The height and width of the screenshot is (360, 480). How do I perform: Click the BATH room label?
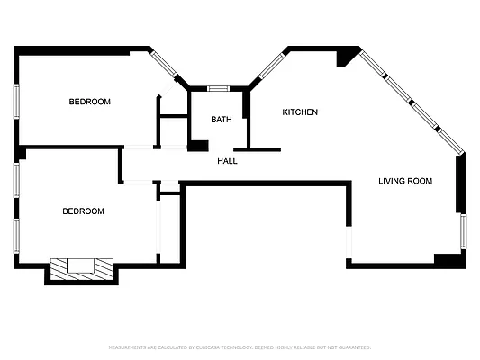pyautogui.click(x=222, y=120)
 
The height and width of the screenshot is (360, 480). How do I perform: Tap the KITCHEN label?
pyautogui.click(x=300, y=112)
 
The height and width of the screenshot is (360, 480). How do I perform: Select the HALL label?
pyautogui.click(x=228, y=161)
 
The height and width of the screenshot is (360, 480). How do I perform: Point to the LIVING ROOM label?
pyautogui.click(x=404, y=181)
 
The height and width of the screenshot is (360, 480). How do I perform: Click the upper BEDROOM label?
pyautogui.click(x=90, y=102)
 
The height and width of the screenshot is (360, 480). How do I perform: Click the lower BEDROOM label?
pyautogui.click(x=83, y=211)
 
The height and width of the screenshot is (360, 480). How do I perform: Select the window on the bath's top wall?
pyautogui.click(x=218, y=88)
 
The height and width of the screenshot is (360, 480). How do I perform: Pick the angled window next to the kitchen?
pyautogui.click(x=271, y=66)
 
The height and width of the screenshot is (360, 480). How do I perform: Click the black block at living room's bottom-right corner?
pyautogui.click(x=448, y=259)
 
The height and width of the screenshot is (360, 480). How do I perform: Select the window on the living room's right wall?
pyautogui.click(x=463, y=232)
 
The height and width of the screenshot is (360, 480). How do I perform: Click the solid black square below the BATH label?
pyautogui.click(x=198, y=146)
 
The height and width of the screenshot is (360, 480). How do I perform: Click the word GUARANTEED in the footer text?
pyautogui.click(x=354, y=346)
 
